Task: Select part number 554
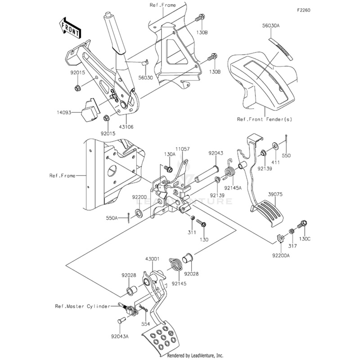point(145,324)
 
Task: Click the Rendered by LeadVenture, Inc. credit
point(195,355)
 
